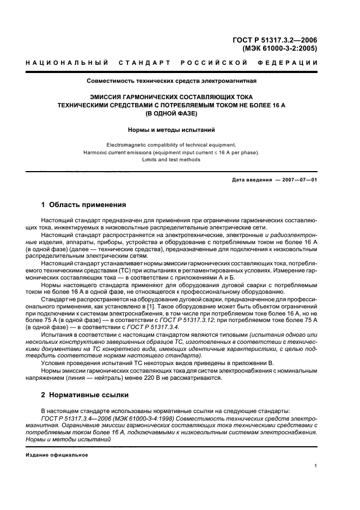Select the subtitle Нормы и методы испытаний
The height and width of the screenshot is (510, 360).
coord(172,130)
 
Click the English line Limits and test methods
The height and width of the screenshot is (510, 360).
coord(172,160)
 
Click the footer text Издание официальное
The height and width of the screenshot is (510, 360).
coord(57,454)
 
